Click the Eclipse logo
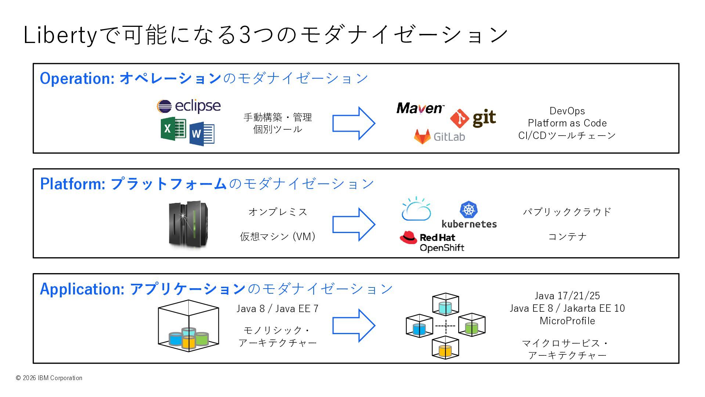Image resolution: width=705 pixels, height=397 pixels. point(189,106)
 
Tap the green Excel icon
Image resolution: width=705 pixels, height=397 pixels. point(173,129)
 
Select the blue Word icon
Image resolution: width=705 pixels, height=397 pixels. point(202,134)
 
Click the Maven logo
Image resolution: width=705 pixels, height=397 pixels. point(420,108)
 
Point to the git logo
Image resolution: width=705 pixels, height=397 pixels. point(473,118)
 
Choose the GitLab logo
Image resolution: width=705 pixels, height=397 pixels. point(440,136)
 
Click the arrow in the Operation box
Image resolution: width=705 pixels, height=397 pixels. point(354,123)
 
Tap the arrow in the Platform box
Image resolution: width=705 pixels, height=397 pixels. point(354,224)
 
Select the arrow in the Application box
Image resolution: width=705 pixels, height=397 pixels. point(354,325)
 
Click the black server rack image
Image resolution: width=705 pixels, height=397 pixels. point(188,224)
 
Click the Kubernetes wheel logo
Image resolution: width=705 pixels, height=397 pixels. point(469,210)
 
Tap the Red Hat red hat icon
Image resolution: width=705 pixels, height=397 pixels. point(408,237)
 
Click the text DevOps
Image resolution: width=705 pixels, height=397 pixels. point(567,111)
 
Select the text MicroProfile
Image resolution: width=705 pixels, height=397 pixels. point(567,321)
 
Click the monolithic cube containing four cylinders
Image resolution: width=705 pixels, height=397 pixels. point(188,326)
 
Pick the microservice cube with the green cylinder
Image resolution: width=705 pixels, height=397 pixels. point(472,325)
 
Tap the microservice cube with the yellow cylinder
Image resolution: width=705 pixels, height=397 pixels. point(445,348)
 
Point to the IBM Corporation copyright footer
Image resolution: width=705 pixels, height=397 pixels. point(49,378)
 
